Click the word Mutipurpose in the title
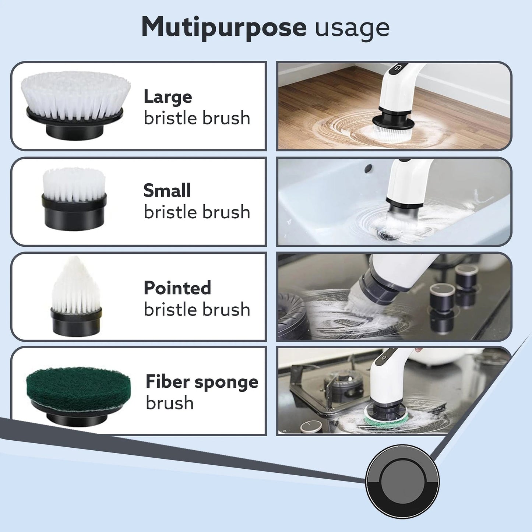click(x=223, y=27)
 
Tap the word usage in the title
click(x=352, y=28)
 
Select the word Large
click(x=168, y=97)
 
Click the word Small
click(x=167, y=191)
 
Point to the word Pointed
click(x=177, y=288)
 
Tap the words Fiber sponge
click(x=202, y=382)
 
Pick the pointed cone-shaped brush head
click(x=76, y=285)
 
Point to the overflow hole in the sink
click(x=368, y=169)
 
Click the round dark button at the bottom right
click(x=402, y=481)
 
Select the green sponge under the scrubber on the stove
click(x=386, y=416)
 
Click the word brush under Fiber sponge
click(x=170, y=403)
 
